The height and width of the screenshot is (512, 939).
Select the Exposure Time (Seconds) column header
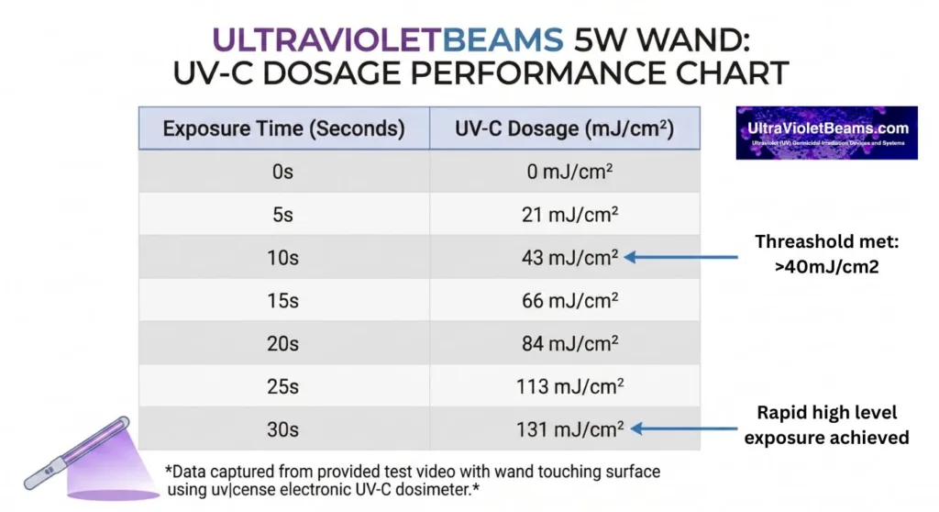click(283, 128)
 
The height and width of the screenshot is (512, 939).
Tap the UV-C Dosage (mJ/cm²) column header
click(565, 128)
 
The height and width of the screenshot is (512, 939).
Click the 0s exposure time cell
click(283, 172)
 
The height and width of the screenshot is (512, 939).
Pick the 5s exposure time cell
click(283, 215)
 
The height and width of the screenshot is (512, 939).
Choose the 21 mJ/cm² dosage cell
click(565, 215)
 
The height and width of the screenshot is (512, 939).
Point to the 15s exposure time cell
click(283, 301)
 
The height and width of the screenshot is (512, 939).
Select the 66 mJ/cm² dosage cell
click(565, 301)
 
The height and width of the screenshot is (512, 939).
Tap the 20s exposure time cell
click(283, 344)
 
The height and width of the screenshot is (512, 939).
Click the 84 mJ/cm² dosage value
click(565, 344)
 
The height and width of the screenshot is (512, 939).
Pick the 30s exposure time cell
click(283, 429)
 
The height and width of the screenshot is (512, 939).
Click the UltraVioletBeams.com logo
click(826, 133)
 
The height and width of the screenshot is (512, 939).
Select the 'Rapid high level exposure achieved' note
click(826, 426)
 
